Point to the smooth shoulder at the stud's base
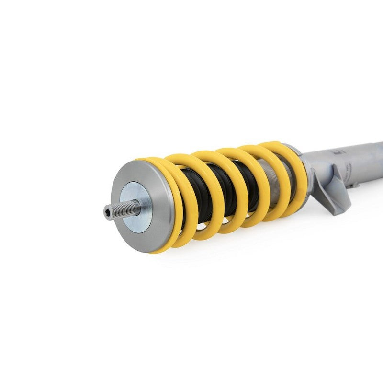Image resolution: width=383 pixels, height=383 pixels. point(135,207)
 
